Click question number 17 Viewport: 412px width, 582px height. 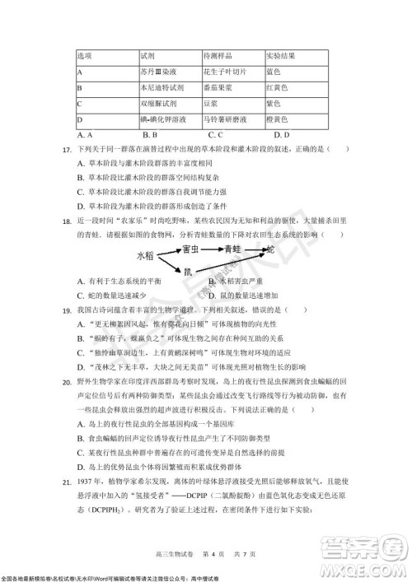point(60,149)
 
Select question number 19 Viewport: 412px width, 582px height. point(60,310)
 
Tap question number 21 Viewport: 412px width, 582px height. point(60,480)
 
